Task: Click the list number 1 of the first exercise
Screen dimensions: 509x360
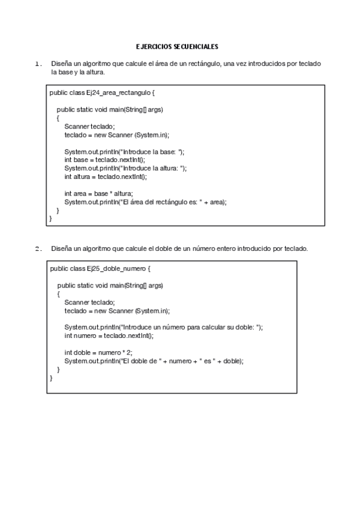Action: point(37,64)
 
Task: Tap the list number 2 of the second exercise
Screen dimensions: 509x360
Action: point(37,248)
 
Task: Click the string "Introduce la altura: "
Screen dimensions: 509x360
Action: point(154,168)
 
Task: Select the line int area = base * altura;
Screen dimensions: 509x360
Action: point(98,194)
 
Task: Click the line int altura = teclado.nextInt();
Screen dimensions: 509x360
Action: point(105,176)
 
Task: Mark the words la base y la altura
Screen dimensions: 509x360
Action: point(78,72)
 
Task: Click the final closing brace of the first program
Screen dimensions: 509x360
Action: point(50,219)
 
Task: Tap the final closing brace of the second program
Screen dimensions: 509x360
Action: point(51,378)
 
